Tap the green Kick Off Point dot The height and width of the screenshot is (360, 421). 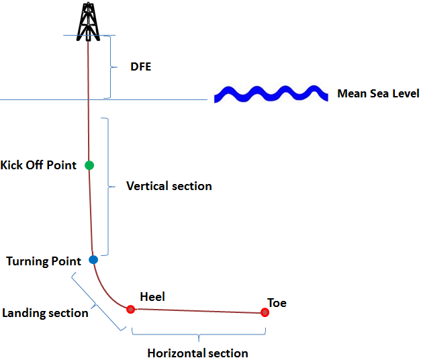pos(89,165)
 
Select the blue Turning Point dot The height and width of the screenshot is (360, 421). pos(93,259)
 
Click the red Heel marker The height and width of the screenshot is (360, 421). pos(131,309)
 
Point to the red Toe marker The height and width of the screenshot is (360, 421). pos(265,312)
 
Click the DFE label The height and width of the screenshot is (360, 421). pos(140,67)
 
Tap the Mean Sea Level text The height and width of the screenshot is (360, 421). pos(378,94)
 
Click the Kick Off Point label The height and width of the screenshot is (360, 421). pos(39,165)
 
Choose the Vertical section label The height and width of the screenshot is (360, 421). pos(169,186)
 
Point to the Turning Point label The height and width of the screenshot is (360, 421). pos(44,261)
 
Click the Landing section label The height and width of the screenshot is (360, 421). pos(45,313)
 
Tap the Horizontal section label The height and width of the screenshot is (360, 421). pos(197,353)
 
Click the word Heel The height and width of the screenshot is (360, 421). pos(152,296)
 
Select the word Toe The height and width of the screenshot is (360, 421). pos(277,303)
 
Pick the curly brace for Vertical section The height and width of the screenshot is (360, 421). pos(107,187)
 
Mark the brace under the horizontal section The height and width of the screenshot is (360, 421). pos(199,334)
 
